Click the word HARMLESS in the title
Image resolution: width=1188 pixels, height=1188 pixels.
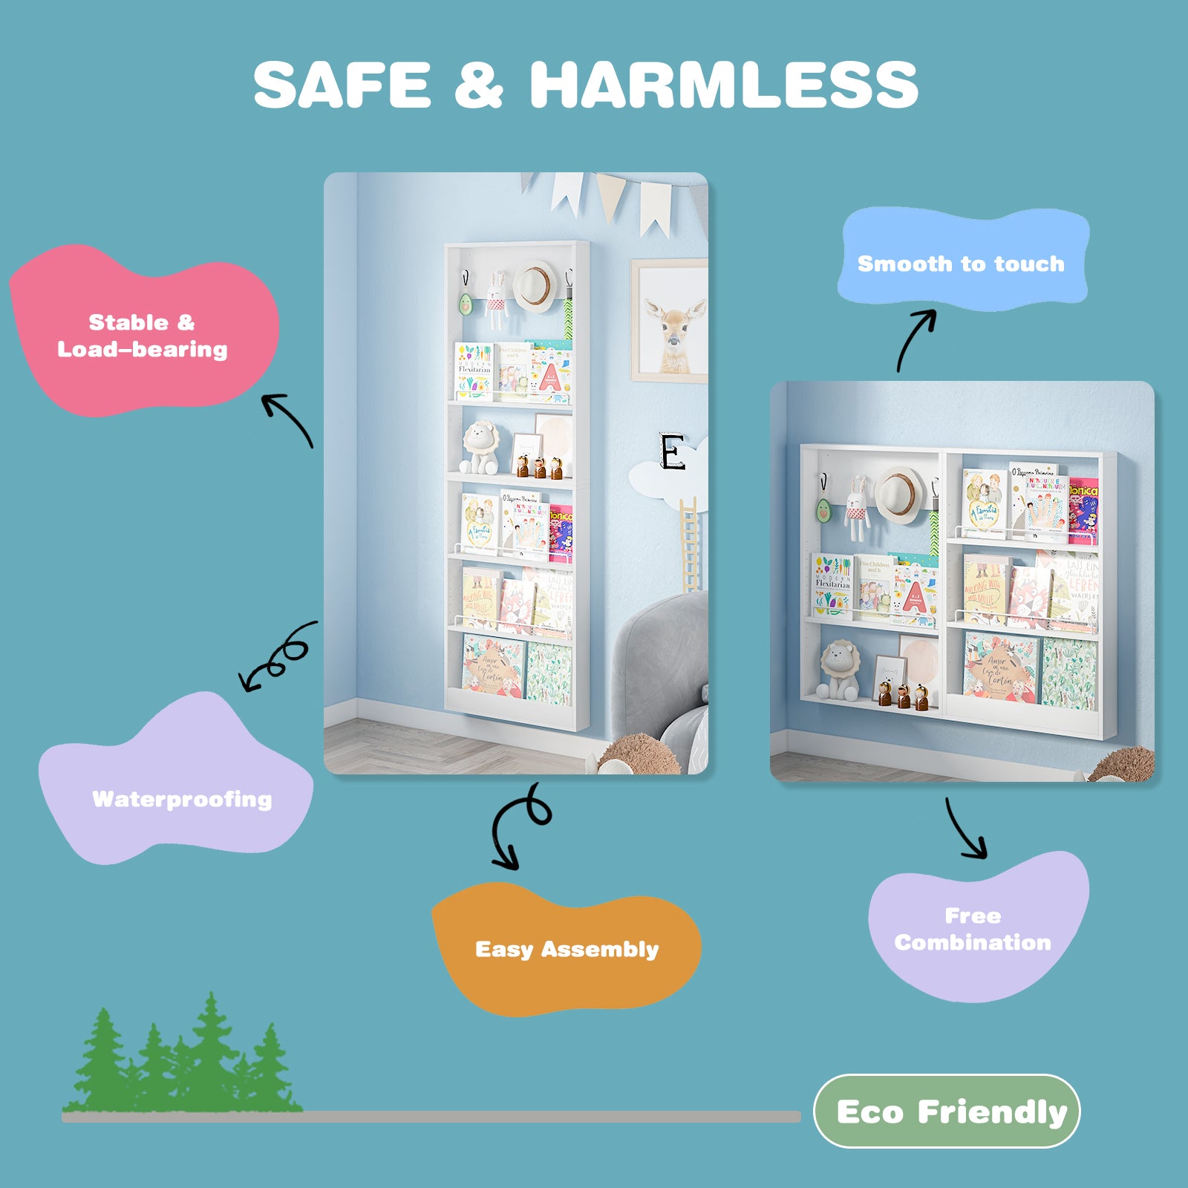coord(724,85)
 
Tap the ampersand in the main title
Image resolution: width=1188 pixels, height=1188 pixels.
coord(479,85)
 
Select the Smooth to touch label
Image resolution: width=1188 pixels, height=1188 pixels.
coord(961,264)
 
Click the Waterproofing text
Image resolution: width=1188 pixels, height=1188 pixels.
coord(182,799)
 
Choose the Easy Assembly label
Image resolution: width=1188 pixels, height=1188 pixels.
coord(567,949)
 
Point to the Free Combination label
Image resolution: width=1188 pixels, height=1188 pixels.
coord(973,929)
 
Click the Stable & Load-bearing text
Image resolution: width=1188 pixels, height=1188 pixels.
coord(143,336)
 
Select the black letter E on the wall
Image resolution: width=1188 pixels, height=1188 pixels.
coord(672,452)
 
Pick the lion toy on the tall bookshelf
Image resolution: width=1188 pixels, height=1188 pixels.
coord(480,448)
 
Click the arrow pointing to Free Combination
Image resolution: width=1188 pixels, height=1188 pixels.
coord(966,829)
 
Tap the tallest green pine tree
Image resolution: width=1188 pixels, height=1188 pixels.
coord(212,1054)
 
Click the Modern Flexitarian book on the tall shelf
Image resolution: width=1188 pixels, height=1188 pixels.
coord(474,371)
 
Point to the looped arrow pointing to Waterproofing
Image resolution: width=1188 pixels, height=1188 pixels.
coord(278,657)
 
